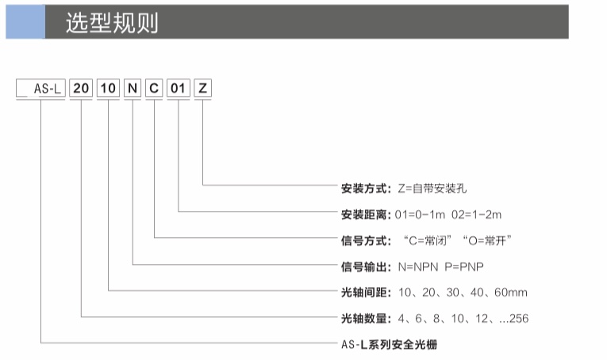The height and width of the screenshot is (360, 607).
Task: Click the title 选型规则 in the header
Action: click(112, 22)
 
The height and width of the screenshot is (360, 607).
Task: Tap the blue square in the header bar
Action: click(25, 21)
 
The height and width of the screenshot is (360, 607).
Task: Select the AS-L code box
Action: click(40, 88)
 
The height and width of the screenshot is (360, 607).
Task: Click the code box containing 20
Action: click(81, 88)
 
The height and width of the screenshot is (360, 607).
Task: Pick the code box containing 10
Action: click(108, 88)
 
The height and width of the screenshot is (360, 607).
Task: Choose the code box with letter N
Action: click(133, 88)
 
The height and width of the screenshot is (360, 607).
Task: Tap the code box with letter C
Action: click(154, 88)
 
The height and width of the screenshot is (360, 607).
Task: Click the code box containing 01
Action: click(178, 88)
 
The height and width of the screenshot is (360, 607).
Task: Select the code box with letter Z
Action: click(202, 88)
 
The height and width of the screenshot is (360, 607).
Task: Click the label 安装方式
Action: click(366, 188)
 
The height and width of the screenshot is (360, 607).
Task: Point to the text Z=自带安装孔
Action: click(432, 188)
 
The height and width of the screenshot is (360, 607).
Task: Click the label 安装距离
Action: click(366, 214)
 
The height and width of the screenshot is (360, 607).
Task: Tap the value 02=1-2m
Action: click(477, 214)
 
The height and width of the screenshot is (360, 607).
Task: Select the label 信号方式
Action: click(366, 240)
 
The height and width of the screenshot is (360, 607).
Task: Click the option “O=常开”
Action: click(487, 240)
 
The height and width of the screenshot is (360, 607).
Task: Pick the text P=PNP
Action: click(464, 266)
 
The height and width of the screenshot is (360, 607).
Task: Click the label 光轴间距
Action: click(366, 293)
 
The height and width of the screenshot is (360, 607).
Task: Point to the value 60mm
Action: click(511, 293)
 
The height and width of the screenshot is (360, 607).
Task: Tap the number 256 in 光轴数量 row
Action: click(519, 318)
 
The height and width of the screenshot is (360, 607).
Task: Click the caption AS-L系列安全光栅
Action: click(389, 344)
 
